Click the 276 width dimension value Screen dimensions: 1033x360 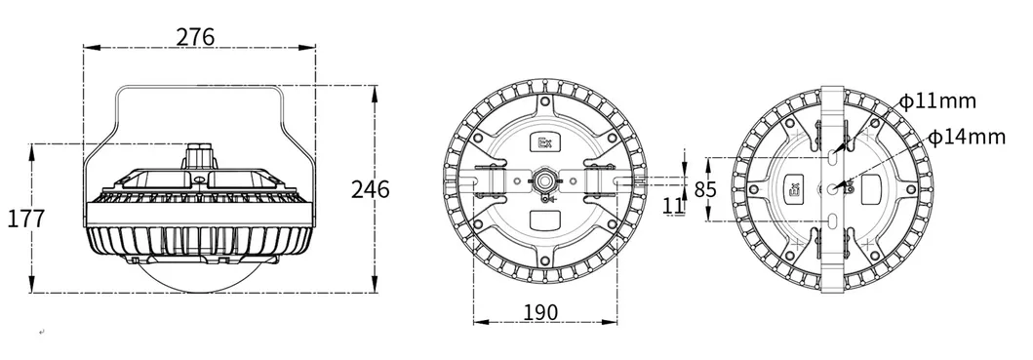[195, 37]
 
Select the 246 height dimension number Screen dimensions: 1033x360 [370, 190]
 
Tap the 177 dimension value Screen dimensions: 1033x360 [25, 219]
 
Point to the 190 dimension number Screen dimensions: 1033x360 [539, 312]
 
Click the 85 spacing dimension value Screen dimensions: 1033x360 [705, 190]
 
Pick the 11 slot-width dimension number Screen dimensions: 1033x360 [673, 205]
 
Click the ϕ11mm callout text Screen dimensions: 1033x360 [937, 101]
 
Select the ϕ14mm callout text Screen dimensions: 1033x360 [967, 138]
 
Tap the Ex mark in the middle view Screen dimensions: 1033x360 [545, 142]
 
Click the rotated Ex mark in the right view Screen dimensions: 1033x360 [794, 189]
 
